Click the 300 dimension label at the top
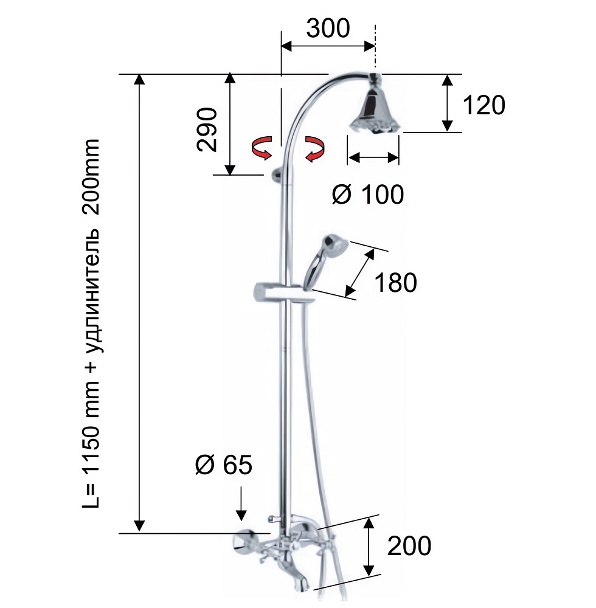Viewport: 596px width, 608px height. (328, 29)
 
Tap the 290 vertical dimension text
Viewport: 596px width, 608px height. (207, 130)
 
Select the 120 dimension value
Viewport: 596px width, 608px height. (484, 105)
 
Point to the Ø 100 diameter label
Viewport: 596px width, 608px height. (368, 194)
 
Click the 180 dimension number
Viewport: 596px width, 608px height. (395, 282)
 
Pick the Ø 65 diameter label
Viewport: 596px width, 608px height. (224, 464)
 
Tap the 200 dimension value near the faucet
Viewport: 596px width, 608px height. (409, 545)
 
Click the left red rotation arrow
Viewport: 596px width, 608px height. (262, 148)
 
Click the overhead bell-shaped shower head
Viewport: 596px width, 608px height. (374, 106)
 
